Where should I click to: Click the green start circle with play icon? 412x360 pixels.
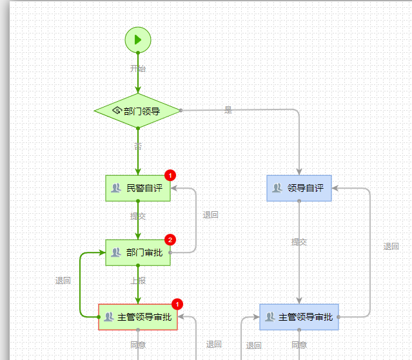click(138, 40)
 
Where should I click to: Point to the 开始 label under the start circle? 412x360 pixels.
click(138, 68)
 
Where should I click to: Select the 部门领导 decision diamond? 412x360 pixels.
click(137, 111)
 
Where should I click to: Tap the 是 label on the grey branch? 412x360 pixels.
click(228, 110)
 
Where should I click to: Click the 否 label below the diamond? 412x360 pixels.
click(138, 147)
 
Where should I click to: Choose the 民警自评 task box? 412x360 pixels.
click(138, 188)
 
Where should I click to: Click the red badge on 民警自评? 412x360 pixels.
click(170, 175)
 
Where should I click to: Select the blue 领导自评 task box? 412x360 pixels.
click(299, 188)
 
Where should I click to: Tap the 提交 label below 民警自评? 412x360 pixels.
click(138, 216)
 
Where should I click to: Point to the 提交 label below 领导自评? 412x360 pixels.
click(299, 242)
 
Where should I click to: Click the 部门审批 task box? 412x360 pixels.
click(138, 252)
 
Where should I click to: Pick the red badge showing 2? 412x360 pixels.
click(170, 240)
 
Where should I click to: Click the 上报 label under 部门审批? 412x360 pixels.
click(138, 281)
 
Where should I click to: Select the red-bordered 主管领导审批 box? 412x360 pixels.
click(138, 317)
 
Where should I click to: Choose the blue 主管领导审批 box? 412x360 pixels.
click(299, 317)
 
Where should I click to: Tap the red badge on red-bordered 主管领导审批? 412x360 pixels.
click(178, 304)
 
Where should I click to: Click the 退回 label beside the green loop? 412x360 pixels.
click(63, 281)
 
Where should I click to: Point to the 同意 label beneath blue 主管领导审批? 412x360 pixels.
click(299, 345)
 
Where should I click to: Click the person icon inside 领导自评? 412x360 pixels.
click(277, 188)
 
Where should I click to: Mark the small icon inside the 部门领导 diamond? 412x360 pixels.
click(117, 110)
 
